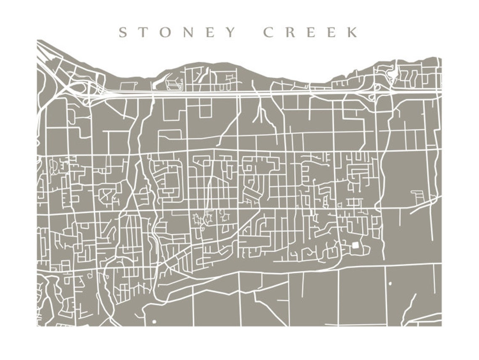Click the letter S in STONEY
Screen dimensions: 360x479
point(123,32)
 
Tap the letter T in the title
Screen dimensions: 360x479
point(142,32)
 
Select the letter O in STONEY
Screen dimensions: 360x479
point(165,32)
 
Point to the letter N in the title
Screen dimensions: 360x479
point(188,32)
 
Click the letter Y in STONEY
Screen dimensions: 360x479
point(230,32)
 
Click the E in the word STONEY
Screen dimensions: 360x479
point(210,32)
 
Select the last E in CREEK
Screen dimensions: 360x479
point(332,32)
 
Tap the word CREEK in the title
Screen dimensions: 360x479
point(311,32)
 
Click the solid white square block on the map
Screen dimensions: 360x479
point(355,245)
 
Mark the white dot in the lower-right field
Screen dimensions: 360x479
point(390,283)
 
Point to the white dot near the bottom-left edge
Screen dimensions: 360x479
point(154,322)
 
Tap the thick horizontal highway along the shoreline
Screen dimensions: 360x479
point(252,93)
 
